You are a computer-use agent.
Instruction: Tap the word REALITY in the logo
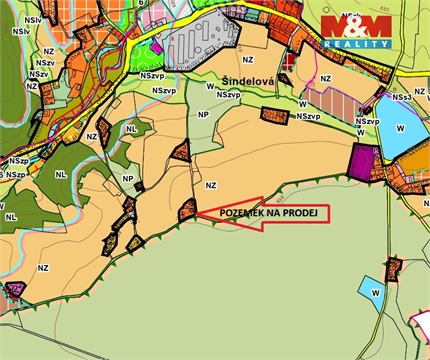357,44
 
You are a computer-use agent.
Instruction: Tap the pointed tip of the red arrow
196,212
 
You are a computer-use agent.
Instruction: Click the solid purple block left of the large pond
362,160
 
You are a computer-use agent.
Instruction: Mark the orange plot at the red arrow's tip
186,210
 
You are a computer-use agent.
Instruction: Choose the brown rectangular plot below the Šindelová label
273,114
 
